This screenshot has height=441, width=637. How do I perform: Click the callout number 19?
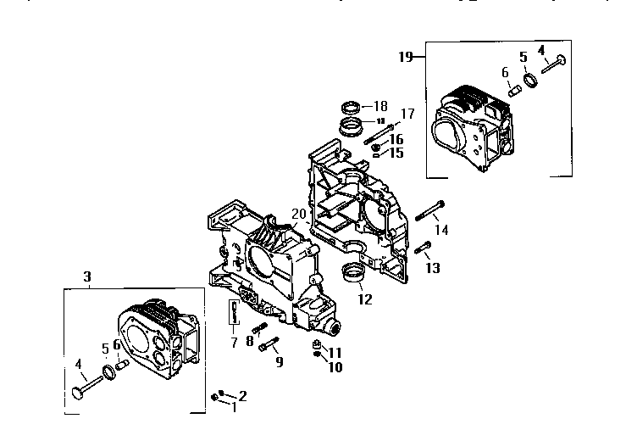point(405,57)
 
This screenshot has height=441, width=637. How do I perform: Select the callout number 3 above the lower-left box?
point(87,276)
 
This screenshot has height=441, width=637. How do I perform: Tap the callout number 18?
point(380,106)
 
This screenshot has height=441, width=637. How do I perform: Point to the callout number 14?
point(442,229)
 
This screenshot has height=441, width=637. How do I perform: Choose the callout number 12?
point(364,299)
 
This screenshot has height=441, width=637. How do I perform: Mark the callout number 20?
point(297,213)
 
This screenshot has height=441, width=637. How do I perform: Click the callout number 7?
point(234,342)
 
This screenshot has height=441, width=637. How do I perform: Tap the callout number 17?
point(407,114)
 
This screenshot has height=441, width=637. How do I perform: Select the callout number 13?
point(433,268)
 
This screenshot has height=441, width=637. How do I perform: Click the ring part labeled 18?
point(352,108)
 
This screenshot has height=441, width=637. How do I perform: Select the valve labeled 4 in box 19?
point(551,63)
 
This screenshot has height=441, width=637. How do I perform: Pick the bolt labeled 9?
point(269,344)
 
